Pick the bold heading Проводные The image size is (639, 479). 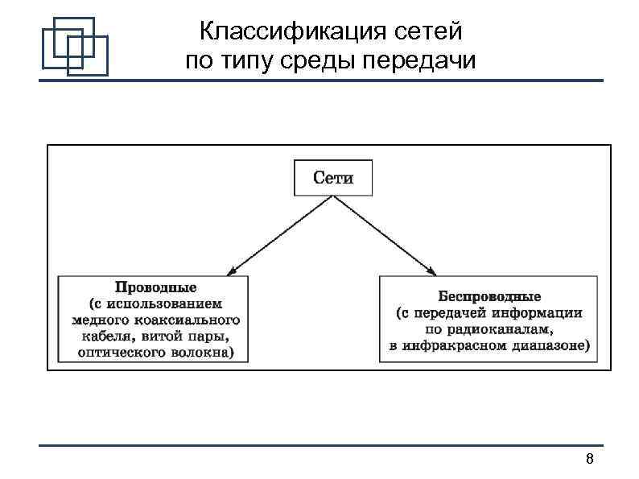click(x=155, y=287)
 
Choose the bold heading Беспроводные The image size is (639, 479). click(x=489, y=296)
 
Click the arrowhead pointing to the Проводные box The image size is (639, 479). click(x=232, y=272)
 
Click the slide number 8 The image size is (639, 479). click(x=589, y=460)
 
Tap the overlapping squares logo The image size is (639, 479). click(x=75, y=44)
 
